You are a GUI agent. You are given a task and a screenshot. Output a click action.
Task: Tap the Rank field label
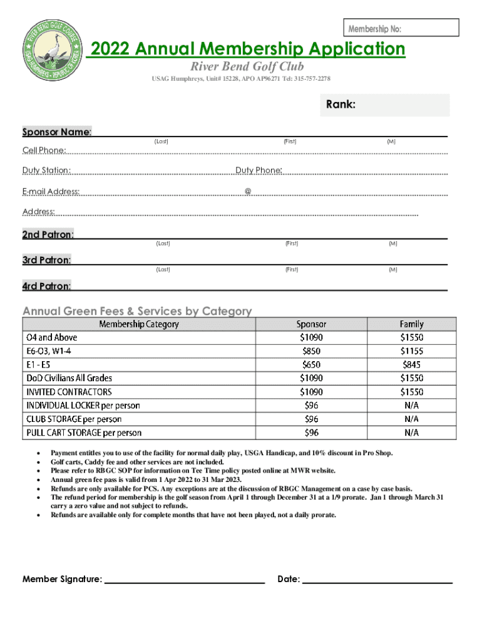[x=341, y=105]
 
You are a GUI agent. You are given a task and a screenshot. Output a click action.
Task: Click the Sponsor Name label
[x=57, y=132]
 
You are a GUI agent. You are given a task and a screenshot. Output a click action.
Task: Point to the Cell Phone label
[x=44, y=150]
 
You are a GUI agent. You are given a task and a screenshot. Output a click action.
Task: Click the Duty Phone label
[x=259, y=170]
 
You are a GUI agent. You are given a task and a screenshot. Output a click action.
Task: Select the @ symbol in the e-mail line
[x=248, y=191]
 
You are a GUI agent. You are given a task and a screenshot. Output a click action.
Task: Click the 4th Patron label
[x=46, y=287]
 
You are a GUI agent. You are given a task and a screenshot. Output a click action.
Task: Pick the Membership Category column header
[x=138, y=324]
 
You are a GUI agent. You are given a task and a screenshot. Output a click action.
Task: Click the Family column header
[x=411, y=324]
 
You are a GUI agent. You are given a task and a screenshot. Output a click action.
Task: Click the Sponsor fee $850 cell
[x=311, y=351]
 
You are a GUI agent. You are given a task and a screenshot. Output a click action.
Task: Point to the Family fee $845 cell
[x=411, y=364]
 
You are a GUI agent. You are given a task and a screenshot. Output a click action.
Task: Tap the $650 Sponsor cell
[x=311, y=364]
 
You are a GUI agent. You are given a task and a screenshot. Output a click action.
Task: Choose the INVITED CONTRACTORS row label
[x=69, y=392]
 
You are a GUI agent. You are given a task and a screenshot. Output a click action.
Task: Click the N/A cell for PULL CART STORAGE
[x=411, y=433]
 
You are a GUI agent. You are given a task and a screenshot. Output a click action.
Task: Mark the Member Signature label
[x=62, y=580]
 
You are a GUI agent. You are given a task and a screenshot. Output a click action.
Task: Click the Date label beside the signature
[x=289, y=580]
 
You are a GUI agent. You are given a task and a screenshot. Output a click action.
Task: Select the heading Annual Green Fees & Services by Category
[x=137, y=310]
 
